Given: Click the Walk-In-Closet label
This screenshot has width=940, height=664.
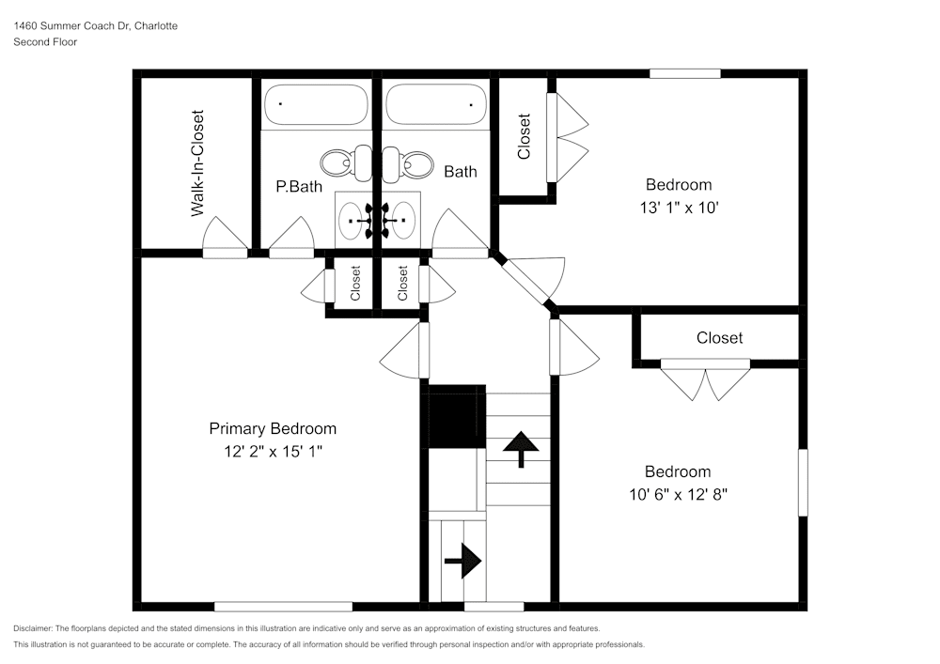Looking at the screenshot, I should pyautogui.click(x=197, y=164).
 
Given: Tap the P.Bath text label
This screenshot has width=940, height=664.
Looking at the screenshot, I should pyautogui.click(x=299, y=186).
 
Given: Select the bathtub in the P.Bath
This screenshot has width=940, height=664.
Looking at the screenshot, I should pyautogui.click(x=316, y=104).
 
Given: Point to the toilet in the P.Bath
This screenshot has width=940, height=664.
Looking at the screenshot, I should pyautogui.click(x=339, y=163).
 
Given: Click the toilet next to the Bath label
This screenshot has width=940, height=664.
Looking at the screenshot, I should pyautogui.click(x=411, y=163).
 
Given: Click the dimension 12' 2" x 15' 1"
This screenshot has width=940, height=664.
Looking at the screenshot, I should pyautogui.click(x=272, y=452).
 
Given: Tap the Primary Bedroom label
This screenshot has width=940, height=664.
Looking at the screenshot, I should pyautogui.click(x=272, y=428).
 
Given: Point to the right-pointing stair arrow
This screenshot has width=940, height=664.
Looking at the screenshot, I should pyautogui.click(x=462, y=563).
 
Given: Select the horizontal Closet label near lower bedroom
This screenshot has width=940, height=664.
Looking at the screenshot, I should pyautogui.click(x=719, y=338).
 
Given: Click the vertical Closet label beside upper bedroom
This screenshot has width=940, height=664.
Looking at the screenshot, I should pyautogui.click(x=524, y=136).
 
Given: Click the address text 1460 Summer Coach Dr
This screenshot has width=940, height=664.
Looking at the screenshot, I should pyautogui.click(x=95, y=26).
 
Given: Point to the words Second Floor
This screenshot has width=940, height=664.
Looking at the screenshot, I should pyautogui.click(x=45, y=42).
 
